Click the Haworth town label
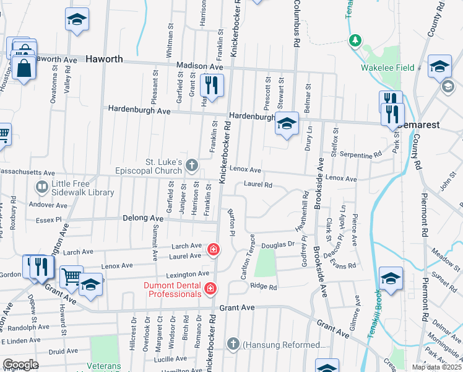(104, 60)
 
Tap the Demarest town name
(420, 124)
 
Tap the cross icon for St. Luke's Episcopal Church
(192, 165)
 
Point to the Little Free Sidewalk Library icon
(42, 185)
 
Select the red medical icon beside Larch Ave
(213, 249)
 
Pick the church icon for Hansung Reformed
(233, 344)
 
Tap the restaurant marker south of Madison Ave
(212, 86)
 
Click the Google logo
(20, 365)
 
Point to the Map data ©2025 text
(437, 367)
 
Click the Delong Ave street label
(146, 219)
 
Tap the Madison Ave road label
(199, 66)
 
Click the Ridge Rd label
(263, 286)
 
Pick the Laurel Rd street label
(258, 184)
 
